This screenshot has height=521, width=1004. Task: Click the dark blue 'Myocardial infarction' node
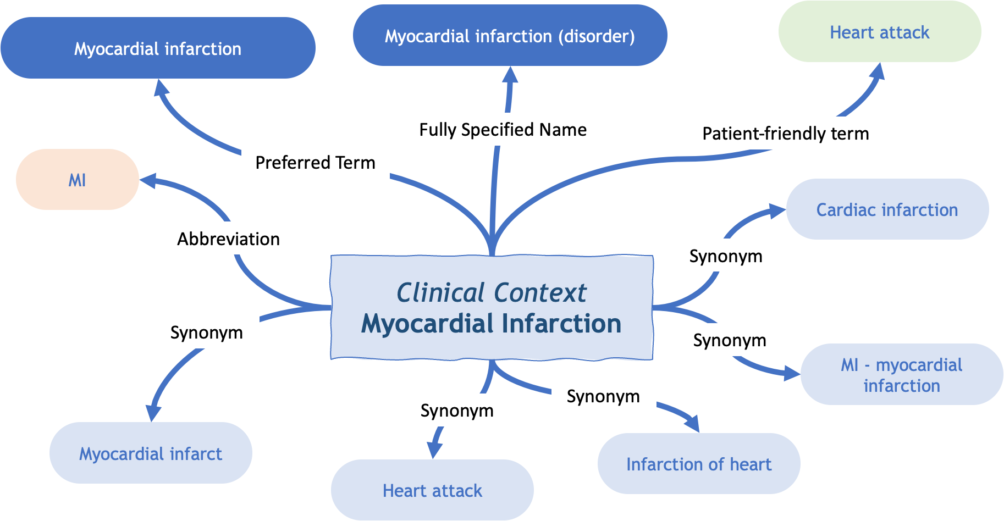click(x=158, y=48)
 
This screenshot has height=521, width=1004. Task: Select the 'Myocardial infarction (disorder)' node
click(x=510, y=36)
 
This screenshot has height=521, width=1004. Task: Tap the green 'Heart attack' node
click(x=880, y=32)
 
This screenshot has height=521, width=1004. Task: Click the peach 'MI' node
click(x=78, y=180)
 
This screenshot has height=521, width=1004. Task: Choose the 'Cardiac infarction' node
click(x=887, y=209)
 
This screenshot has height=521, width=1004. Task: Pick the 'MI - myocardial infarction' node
click(x=902, y=375)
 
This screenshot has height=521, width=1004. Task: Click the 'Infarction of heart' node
click(x=699, y=464)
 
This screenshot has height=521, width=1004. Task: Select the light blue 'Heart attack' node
click(x=432, y=490)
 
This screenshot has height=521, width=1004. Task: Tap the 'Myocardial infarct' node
click(x=151, y=453)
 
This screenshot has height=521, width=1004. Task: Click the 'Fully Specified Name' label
click(x=503, y=130)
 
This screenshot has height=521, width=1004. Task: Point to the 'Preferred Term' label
click(x=315, y=163)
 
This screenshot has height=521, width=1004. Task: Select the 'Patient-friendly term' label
click(x=786, y=134)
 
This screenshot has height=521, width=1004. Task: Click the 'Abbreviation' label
click(x=229, y=239)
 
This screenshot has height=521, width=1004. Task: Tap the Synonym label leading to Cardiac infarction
click(x=726, y=256)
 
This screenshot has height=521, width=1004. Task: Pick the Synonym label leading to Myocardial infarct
click(x=206, y=332)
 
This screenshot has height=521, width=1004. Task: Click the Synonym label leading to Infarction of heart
click(x=603, y=396)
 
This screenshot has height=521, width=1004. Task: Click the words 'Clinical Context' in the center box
click(x=492, y=292)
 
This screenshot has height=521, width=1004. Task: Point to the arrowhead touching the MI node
click(x=147, y=181)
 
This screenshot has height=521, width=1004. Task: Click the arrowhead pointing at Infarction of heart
click(x=693, y=423)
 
